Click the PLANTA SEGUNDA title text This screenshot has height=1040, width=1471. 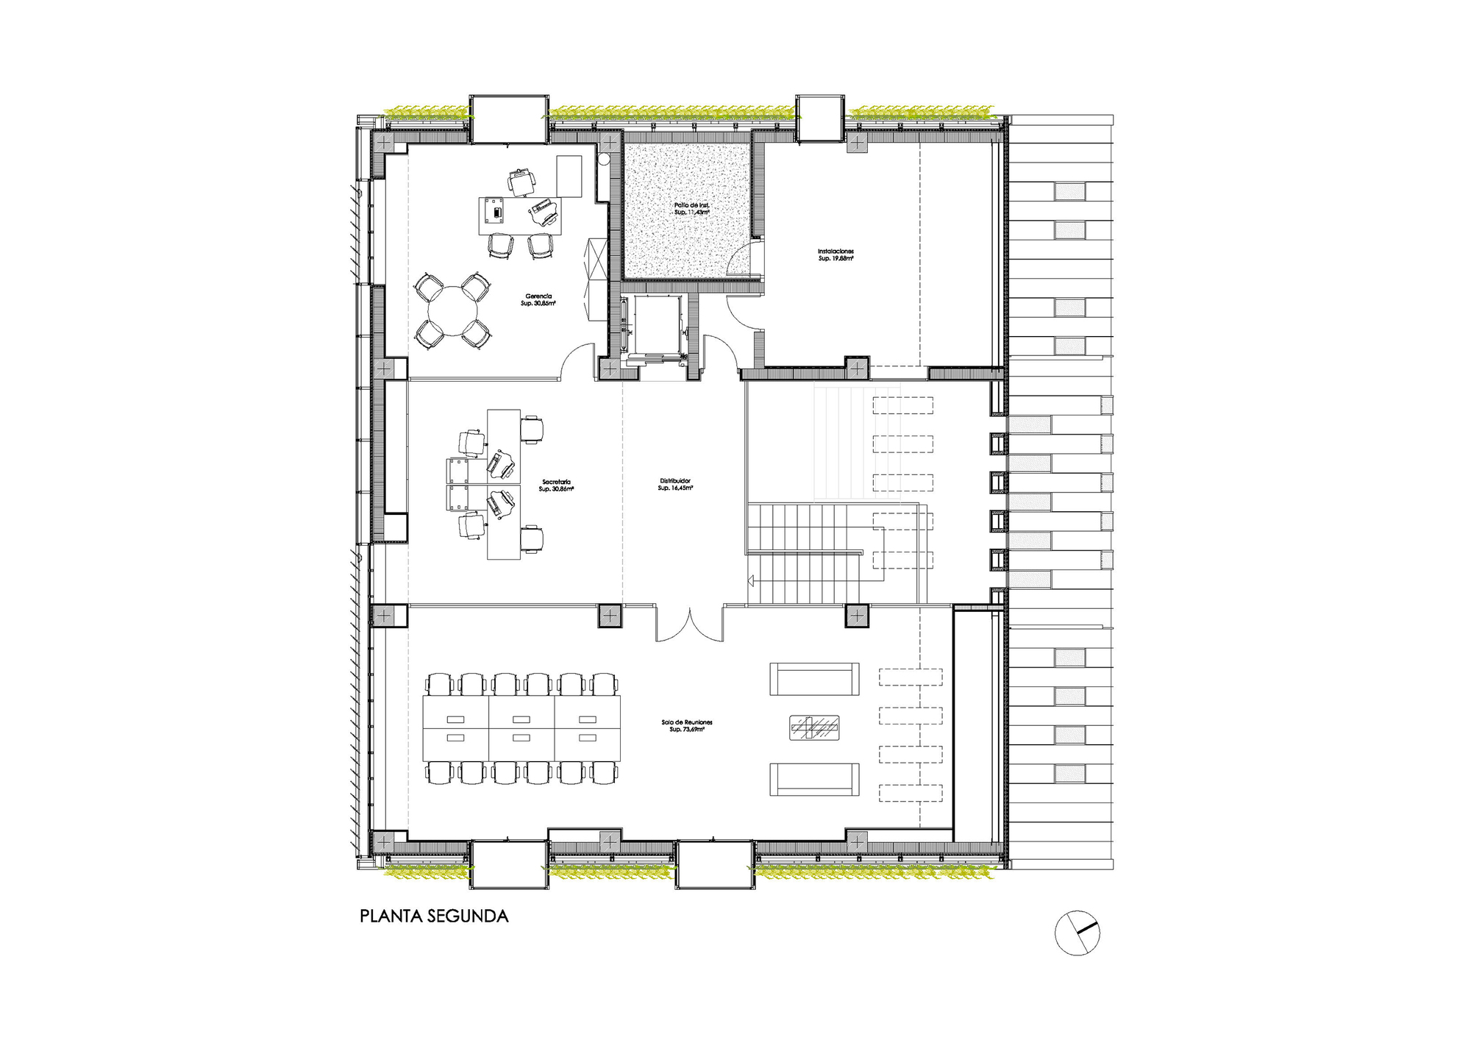[434, 916]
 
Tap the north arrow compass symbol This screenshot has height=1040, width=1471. [1077, 932]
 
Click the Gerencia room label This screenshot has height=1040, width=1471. [538, 299]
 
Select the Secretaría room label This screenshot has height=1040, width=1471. [556, 485]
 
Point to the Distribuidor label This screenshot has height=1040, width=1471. [675, 484]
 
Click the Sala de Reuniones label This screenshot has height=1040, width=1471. [687, 725]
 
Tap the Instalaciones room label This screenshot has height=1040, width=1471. [836, 254]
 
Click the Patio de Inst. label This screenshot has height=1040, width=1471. [691, 208]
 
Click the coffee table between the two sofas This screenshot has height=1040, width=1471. [814, 727]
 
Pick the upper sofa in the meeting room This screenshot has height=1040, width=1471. [814, 679]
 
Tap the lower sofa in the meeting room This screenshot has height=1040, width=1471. [814, 779]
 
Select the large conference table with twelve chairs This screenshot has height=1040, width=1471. [521, 728]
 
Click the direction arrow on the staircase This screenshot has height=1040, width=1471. [751, 580]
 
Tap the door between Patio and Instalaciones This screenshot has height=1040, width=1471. [744, 259]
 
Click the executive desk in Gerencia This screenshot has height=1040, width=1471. [519, 216]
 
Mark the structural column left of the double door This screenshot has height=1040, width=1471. [609, 615]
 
